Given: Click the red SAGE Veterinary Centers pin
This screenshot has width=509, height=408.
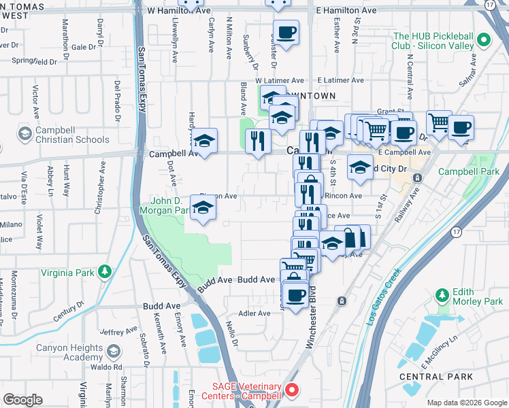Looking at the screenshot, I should click(292, 390).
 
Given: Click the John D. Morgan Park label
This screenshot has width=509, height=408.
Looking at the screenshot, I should click(170, 205).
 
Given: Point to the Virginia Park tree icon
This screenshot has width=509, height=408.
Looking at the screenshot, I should click(104, 272).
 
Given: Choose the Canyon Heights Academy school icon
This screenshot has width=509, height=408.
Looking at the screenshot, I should click(114, 352).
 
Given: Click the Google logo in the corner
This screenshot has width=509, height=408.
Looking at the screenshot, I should click(22, 400).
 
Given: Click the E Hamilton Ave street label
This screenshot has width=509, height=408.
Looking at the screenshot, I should click(346, 11).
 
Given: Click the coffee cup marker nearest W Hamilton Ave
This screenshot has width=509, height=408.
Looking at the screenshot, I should click(286, 32).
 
